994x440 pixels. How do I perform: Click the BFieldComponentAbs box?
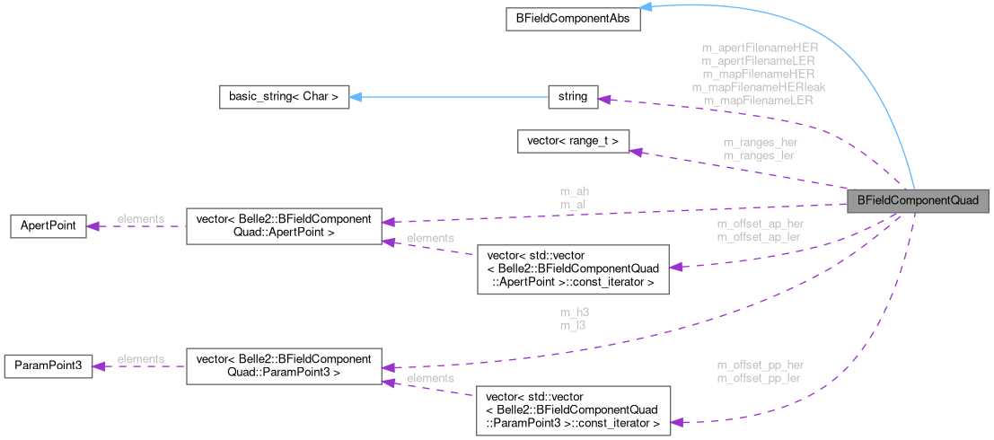[x=572, y=18]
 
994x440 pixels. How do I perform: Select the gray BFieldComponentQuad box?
[x=919, y=200]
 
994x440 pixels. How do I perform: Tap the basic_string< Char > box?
[x=284, y=96]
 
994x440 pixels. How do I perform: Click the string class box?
[x=572, y=96]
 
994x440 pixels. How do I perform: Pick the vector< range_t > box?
[x=573, y=141]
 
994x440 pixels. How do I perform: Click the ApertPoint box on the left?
[x=47, y=225]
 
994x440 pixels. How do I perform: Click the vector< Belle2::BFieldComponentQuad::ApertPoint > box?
[x=283, y=225]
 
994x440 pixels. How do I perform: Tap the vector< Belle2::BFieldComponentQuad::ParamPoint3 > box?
[x=283, y=365]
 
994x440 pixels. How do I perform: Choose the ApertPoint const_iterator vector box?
[x=572, y=268]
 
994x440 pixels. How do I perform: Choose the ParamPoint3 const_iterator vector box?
[x=572, y=409]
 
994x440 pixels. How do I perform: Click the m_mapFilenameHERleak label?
[x=759, y=87]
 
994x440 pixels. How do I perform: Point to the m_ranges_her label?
[x=760, y=142]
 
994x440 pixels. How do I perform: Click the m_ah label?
[x=574, y=191]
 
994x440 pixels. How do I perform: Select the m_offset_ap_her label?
[x=760, y=224]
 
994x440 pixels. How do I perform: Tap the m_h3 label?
[x=573, y=312]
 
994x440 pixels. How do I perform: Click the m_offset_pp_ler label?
[x=760, y=378]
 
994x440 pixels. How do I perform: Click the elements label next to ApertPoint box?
[x=140, y=219]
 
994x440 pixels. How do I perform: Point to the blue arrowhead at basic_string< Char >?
[x=355, y=96]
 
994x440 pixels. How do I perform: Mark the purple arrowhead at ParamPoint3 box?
[x=100, y=365]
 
